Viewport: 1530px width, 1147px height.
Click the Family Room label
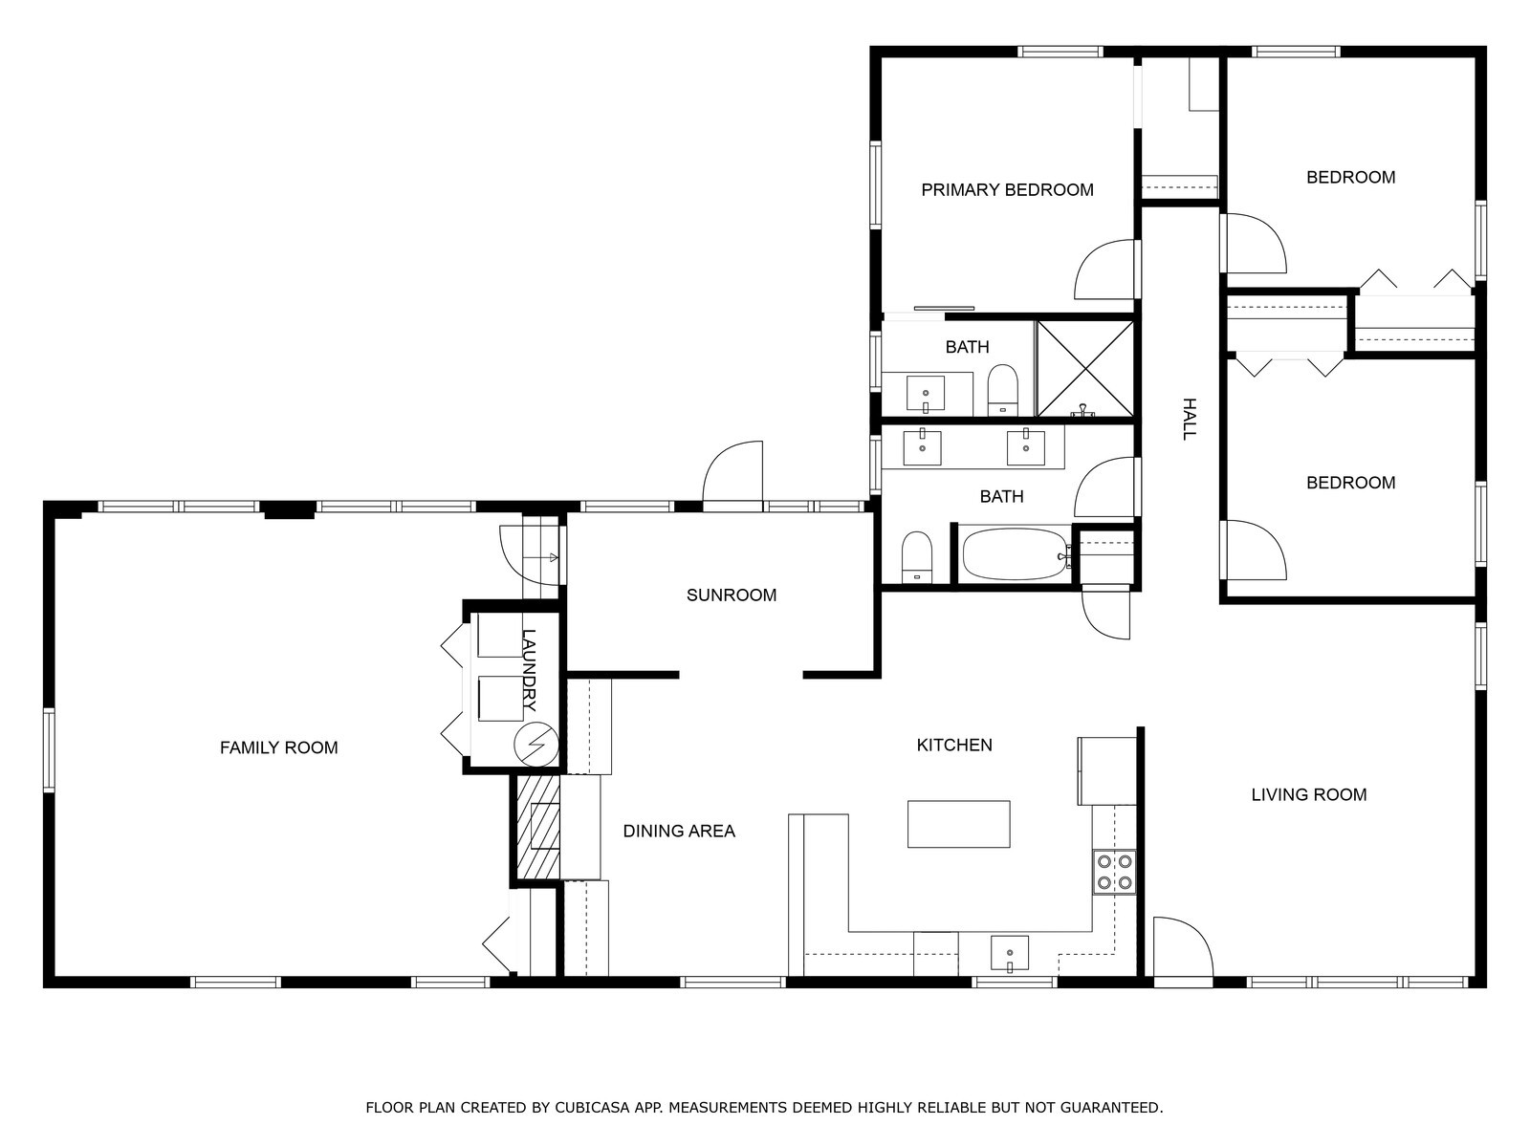(279, 747)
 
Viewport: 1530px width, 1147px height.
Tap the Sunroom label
(732, 595)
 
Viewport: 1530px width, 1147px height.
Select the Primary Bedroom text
(1007, 189)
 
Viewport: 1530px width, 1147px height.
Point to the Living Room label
(1309, 794)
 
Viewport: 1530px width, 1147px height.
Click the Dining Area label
(679, 831)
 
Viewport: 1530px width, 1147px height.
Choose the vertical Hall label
(1190, 420)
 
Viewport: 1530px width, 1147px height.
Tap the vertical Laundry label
(529, 670)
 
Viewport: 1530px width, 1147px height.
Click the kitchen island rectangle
(958, 824)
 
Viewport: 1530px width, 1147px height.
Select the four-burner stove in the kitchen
(1114, 873)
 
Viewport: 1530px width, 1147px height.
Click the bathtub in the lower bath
(1016, 554)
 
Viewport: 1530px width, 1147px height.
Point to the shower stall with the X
(1085, 369)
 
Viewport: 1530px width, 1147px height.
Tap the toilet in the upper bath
(1003, 389)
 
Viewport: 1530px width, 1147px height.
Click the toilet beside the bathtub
(917, 557)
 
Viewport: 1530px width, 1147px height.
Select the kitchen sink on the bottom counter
(1009, 953)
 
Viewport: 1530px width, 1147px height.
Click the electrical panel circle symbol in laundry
(536, 745)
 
